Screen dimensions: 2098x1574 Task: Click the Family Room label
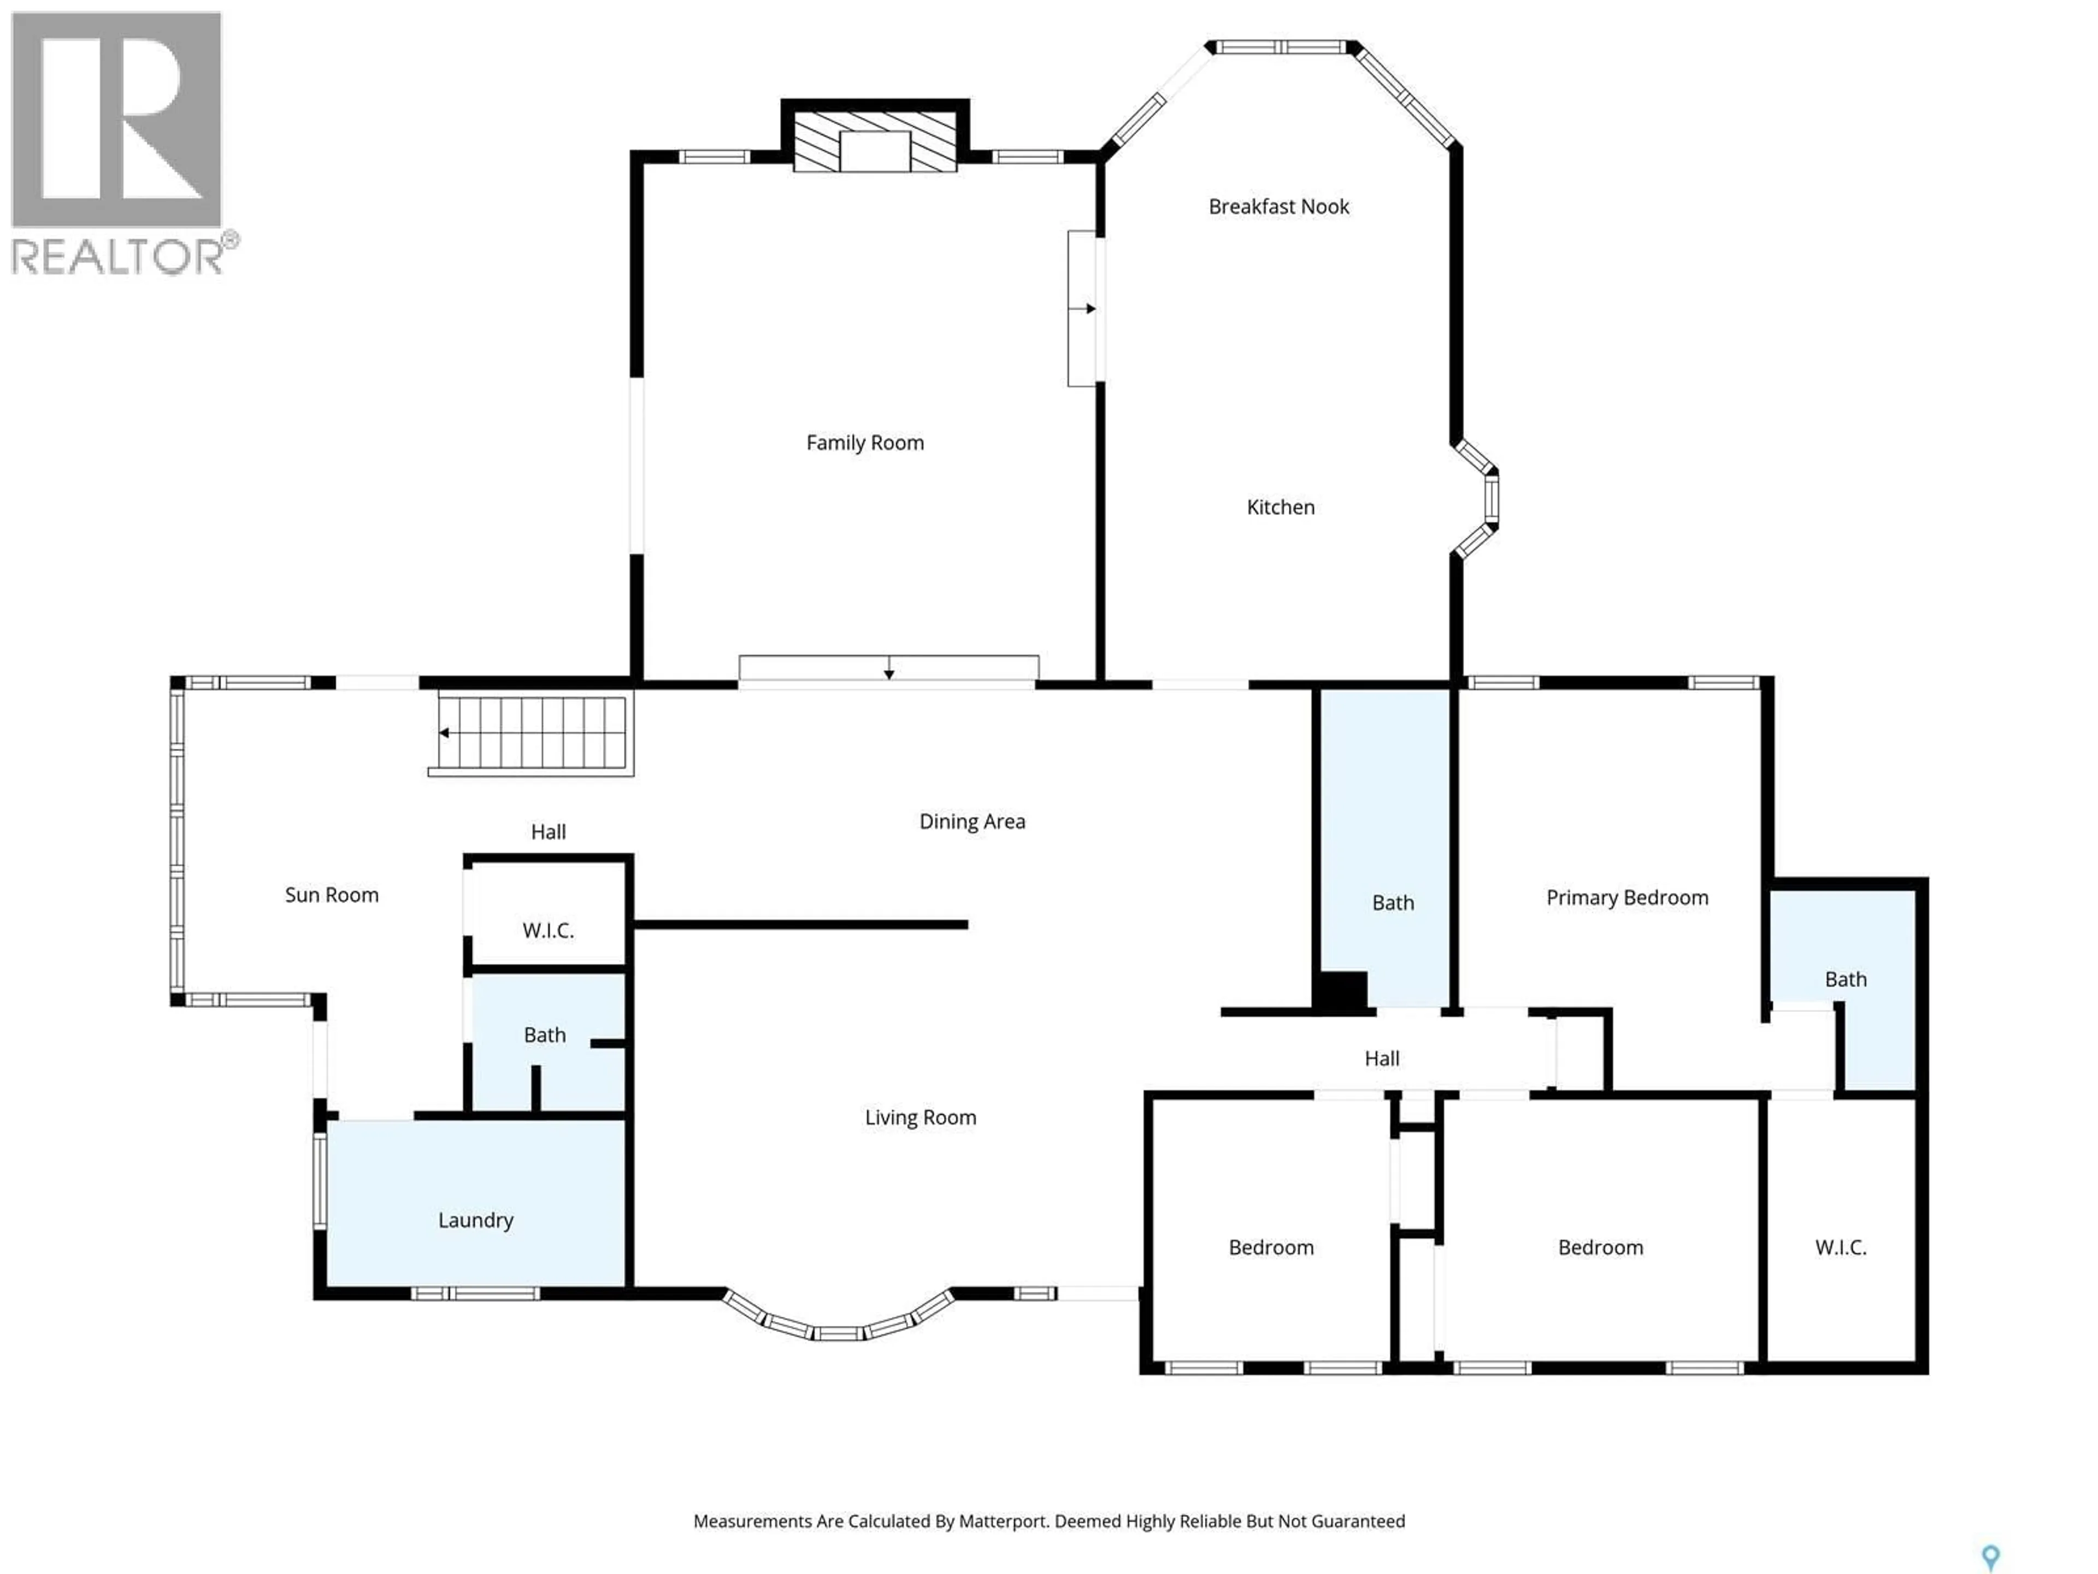(865, 443)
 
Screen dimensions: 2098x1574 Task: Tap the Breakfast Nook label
(1278, 207)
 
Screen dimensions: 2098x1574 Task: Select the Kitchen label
(1281, 508)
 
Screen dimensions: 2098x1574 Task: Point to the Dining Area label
(972, 821)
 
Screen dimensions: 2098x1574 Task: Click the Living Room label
(920, 1118)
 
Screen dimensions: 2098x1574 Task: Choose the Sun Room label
(332, 895)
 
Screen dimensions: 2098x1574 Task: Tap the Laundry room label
(475, 1220)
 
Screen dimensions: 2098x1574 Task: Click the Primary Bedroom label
(1628, 897)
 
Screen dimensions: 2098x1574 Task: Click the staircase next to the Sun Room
(531, 733)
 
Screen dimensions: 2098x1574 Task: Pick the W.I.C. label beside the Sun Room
(548, 931)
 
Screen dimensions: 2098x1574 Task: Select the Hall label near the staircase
(548, 832)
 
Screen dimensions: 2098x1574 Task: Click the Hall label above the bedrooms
(1382, 1059)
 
